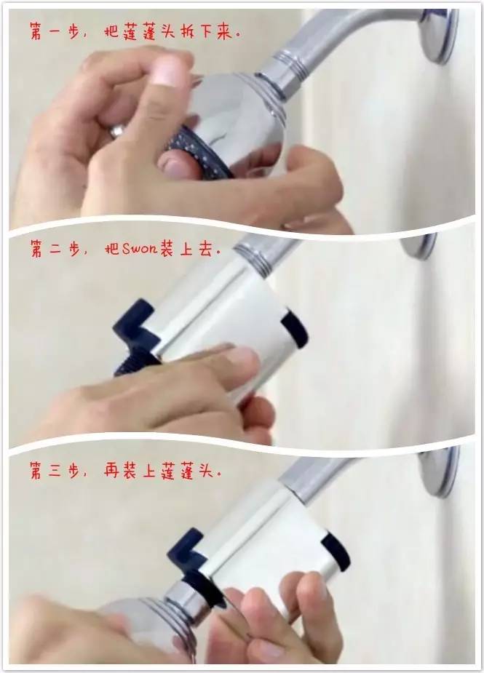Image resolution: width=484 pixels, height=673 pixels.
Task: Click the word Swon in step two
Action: pyautogui.click(x=140, y=249)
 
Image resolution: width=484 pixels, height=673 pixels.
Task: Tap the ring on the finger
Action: pyautogui.click(x=116, y=130)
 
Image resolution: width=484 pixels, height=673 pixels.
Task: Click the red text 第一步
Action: pyautogui.click(x=55, y=32)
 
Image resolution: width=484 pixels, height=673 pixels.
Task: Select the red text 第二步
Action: pyautogui.click(x=55, y=249)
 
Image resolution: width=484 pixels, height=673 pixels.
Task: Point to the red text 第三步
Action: pyautogui.click(x=55, y=471)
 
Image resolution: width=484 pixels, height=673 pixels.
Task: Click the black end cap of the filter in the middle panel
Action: pyautogui.click(x=295, y=329)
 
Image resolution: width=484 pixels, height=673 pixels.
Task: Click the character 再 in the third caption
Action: pyautogui.click(x=112, y=471)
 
